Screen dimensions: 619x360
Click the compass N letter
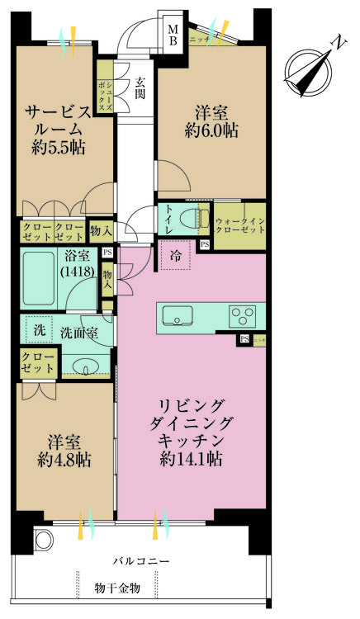click(336, 42)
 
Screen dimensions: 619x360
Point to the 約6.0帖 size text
click(213, 130)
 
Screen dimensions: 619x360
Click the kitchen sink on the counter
click(178, 315)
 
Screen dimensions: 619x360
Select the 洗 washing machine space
click(38, 329)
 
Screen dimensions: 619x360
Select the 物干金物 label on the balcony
click(117, 588)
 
